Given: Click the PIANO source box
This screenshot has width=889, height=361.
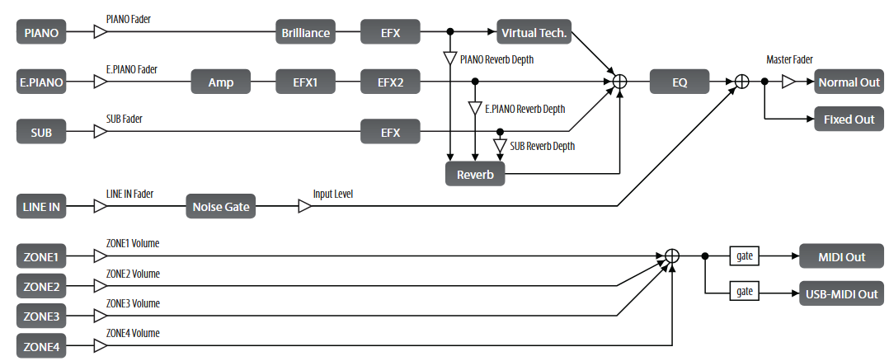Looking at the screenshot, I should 40,33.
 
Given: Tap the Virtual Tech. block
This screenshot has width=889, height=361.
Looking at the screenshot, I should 534,33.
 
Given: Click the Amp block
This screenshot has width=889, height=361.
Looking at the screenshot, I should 221,82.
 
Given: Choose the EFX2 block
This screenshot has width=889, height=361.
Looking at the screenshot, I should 391,82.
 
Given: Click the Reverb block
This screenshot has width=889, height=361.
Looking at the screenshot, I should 475,174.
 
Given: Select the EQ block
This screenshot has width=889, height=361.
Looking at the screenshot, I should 680,82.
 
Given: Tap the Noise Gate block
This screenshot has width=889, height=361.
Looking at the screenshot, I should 221,206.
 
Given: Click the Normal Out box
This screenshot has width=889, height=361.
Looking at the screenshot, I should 849,82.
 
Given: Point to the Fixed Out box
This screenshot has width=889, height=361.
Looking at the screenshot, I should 849,120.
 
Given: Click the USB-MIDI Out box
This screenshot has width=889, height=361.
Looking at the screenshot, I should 841,293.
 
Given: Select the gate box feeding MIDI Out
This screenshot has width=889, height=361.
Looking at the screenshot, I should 746,256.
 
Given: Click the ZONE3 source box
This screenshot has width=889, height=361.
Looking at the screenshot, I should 40,316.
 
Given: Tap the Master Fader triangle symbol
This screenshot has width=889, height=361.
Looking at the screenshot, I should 788,82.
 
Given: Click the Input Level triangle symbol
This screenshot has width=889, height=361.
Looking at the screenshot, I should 304,206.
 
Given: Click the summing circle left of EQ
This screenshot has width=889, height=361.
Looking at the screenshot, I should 619,82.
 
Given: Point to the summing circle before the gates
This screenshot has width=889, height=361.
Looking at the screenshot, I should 671,256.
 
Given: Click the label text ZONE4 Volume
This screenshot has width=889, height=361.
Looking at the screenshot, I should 133,333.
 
